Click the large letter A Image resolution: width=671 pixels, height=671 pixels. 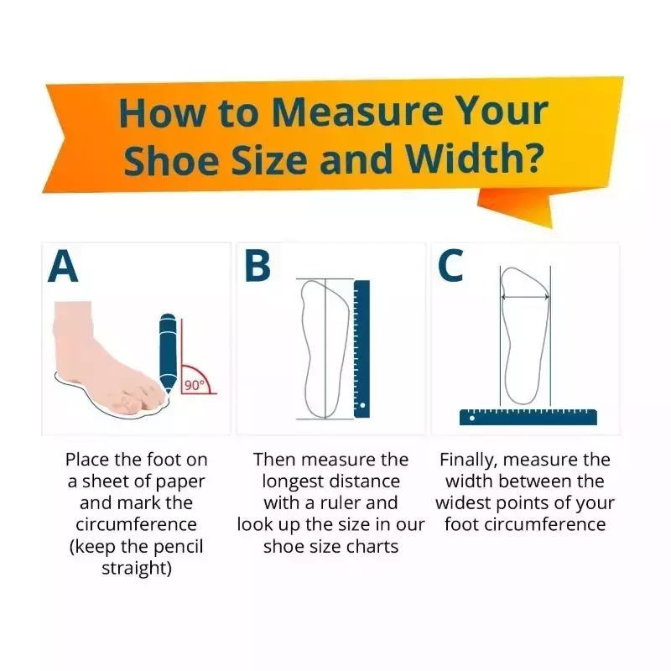click(x=63, y=266)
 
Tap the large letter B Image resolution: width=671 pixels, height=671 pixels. click(x=257, y=266)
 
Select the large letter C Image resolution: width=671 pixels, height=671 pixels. click(x=450, y=266)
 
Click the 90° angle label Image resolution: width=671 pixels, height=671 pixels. click(x=195, y=385)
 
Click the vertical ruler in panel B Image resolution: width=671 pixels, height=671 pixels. click(x=362, y=349)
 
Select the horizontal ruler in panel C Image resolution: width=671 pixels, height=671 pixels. click(x=528, y=417)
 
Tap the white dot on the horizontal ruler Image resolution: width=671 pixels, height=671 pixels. click(x=472, y=418)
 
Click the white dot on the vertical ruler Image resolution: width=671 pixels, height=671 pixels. click(x=362, y=405)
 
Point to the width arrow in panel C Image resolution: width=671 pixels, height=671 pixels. click(x=525, y=297)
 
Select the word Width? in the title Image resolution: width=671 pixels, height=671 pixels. click(x=475, y=159)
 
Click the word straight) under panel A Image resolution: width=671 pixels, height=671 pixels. click(x=137, y=569)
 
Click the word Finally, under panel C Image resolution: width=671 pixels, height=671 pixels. click(x=468, y=460)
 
